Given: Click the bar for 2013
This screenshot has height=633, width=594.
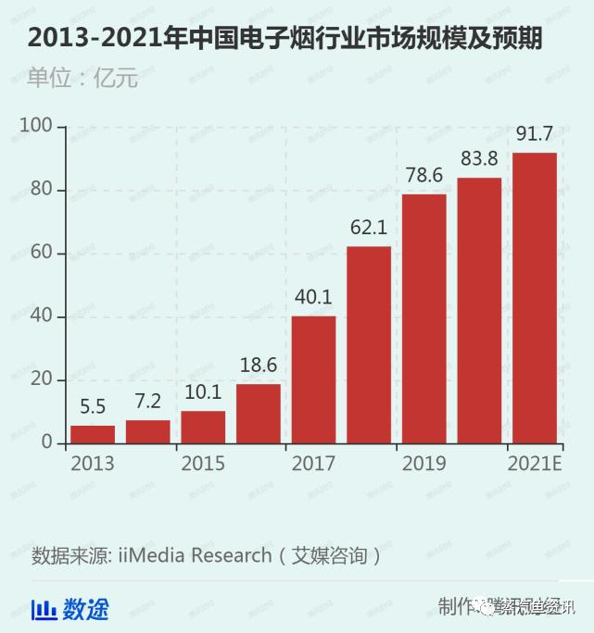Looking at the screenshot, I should click(x=93, y=434).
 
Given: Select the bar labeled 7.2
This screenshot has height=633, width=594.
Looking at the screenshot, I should click(x=148, y=431).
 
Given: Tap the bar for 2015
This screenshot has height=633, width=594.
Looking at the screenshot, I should click(x=203, y=427).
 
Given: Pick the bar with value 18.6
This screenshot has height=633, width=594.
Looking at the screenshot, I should click(x=259, y=414).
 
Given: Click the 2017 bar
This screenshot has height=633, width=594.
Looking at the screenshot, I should click(x=313, y=379).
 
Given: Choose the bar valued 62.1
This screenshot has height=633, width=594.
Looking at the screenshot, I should click(x=369, y=344).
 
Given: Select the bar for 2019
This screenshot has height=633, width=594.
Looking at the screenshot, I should click(x=423, y=318).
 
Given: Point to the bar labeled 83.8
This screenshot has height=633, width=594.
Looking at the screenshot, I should click(x=479, y=310).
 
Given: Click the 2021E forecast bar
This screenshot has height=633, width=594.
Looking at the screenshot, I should click(x=535, y=298).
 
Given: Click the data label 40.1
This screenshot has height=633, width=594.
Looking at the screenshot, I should click(x=313, y=299).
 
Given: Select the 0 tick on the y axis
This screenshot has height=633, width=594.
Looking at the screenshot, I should click(x=47, y=443).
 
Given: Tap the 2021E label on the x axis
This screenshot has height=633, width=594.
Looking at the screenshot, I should click(x=535, y=464).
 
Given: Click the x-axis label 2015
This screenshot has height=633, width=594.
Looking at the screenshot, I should click(x=203, y=464).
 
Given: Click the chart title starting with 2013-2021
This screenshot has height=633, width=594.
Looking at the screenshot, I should click(x=284, y=38).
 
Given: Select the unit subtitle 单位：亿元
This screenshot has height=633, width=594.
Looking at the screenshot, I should click(x=82, y=78).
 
